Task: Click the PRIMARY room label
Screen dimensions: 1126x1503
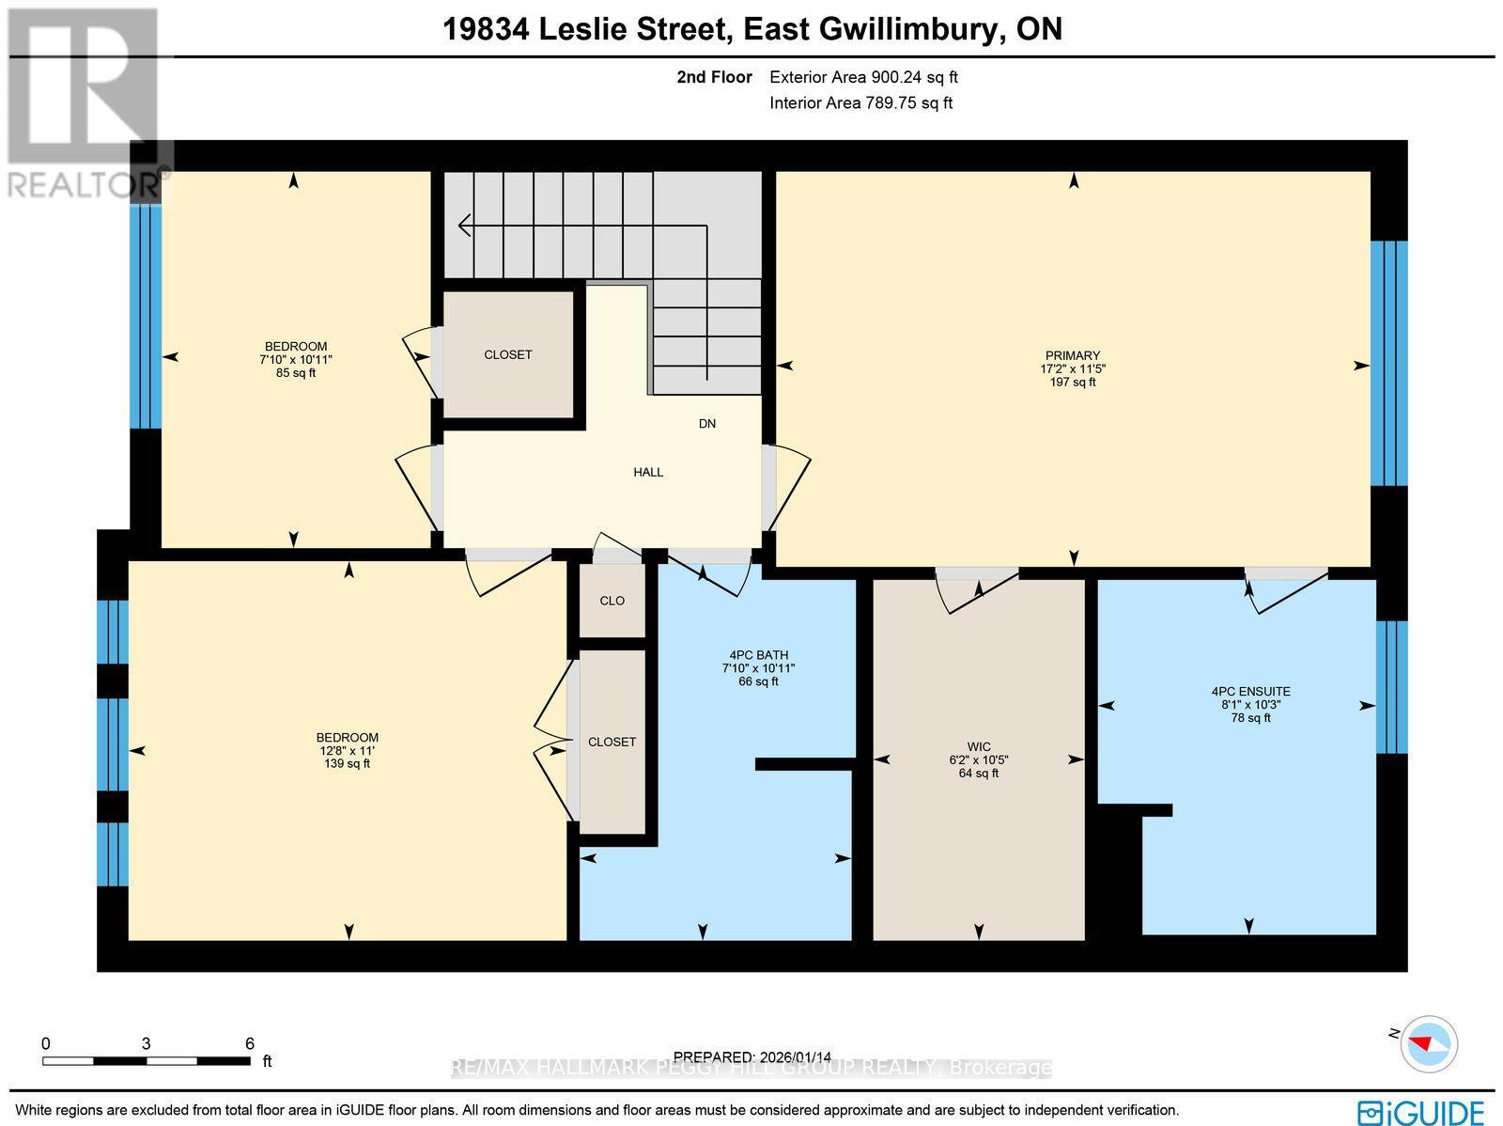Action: click(1072, 355)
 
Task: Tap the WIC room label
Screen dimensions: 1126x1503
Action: click(979, 747)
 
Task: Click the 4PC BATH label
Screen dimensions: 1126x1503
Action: click(758, 655)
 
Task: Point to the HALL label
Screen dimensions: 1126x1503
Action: click(648, 472)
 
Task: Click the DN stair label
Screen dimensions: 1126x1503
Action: click(707, 424)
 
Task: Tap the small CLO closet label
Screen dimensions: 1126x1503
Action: click(612, 601)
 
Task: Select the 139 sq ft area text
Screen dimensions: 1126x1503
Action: click(347, 764)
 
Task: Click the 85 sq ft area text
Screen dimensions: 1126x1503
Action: click(296, 373)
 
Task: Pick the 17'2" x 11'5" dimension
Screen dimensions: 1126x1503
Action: click(1072, 369)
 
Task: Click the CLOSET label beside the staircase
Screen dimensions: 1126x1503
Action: click(507, 354)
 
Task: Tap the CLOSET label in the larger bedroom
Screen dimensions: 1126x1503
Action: click(612, 742)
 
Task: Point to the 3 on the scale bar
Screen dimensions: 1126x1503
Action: click(147, 1043)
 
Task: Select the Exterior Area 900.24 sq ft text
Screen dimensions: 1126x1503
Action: click(863, 78)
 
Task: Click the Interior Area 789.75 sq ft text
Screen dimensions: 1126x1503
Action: click(860, 103)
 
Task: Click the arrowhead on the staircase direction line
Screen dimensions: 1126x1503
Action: click(463, 226)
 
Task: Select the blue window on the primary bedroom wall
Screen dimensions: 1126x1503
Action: click(1388, 363)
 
